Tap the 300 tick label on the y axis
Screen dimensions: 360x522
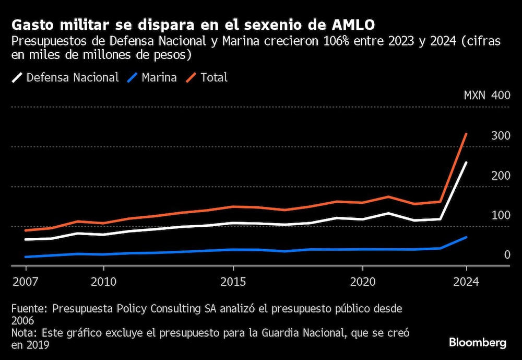click(x=501, y=136)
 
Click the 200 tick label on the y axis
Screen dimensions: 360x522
click(x=501, y=176)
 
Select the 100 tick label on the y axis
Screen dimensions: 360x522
click(x=501, y=215)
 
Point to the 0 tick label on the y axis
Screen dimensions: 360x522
click(x=507, y=255)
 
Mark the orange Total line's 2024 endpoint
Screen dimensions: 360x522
click(x=466, y=134)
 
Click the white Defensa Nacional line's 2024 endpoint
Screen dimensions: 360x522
click(x=466, y=162)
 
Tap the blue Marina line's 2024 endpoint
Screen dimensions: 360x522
click(x=466, y=237)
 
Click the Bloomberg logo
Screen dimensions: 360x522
click(x=478, y=343)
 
